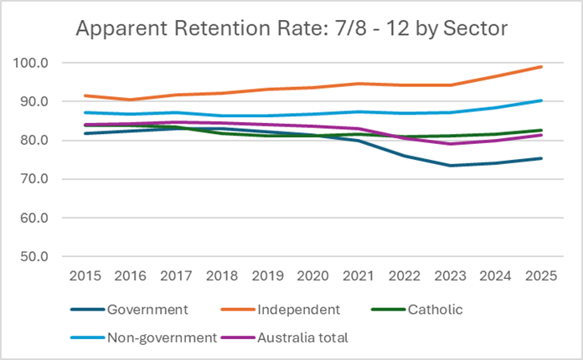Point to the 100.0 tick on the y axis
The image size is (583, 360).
coord(32,63)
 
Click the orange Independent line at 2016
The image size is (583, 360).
coord(123,100)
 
